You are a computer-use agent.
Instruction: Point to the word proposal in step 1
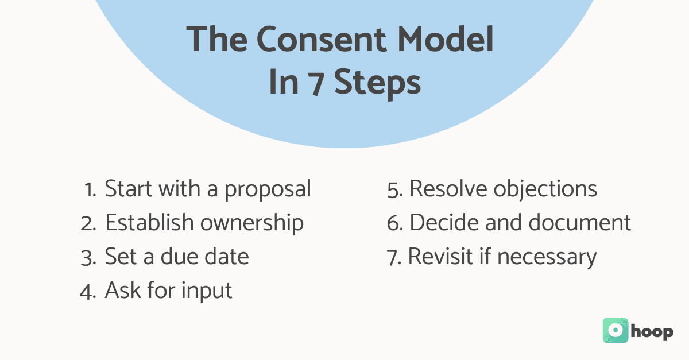268,189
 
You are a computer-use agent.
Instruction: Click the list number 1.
90,189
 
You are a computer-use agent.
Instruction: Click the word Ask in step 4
121,291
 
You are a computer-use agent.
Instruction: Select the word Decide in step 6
443,223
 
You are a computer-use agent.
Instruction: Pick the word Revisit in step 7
443,257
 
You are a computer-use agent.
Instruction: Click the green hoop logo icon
615,331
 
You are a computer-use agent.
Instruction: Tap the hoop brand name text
652,332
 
